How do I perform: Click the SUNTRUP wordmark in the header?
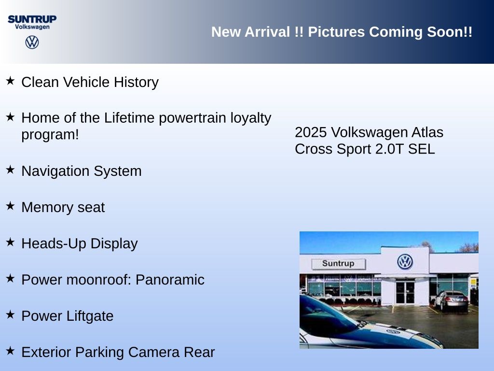[32, 19]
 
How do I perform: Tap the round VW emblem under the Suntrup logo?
[32, 42]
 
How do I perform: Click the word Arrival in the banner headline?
[267, 32]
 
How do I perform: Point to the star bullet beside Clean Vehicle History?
[11, 81]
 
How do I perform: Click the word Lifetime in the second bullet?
[129, 118]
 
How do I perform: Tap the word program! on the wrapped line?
[50, 135]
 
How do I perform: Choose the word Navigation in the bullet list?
[55, 171]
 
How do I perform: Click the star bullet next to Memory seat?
[11, 206]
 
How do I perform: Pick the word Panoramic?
[170, 280]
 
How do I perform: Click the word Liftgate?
[90, 316]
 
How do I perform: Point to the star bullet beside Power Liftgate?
[11, 314]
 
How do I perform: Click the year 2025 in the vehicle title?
[311, 132]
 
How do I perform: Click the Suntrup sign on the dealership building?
[338, 264]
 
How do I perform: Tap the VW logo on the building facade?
[405, 261]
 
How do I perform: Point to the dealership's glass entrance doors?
[405, 292]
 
